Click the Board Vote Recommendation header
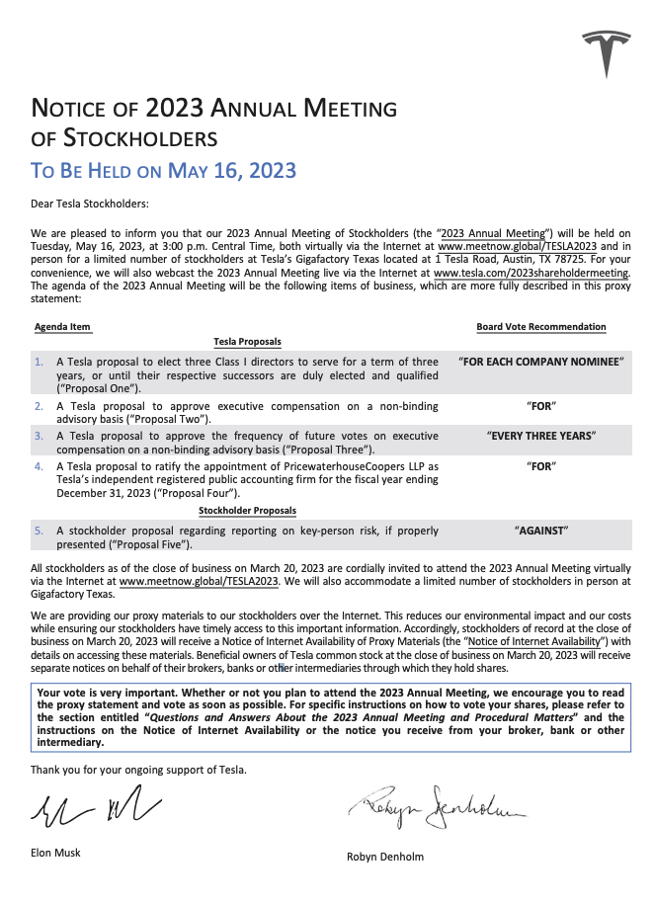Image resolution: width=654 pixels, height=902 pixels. pyautogui.click(x=541, y=327)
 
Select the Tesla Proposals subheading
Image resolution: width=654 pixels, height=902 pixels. pyautogui.click(x=247, y=342)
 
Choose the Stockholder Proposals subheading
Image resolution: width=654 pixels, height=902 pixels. pyautogui.click(x=247, y=511)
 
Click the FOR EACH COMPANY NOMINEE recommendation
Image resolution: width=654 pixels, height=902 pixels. pyautogui.click(x=541, y=362)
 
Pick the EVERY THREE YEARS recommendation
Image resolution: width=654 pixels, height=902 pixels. pyautogui.click(x=541, y=435)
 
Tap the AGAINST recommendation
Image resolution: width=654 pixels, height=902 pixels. pyautogui.click(x=541, y=531)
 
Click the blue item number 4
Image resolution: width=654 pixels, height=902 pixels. pyautogui.click(x=39, y=465)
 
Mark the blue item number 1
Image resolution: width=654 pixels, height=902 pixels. pyautogui.click(x=39, y=362)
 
